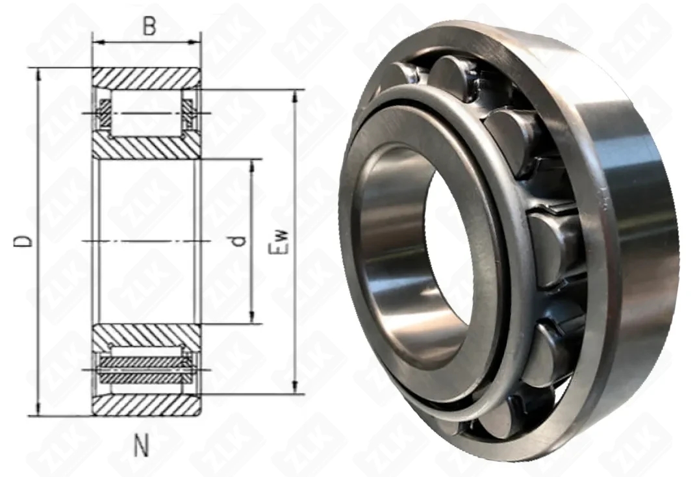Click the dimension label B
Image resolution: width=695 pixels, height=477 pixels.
[x=149, y=27]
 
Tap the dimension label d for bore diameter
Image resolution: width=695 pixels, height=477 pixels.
[x=239, y=241]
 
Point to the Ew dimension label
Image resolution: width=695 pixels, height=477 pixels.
[x=279, y=242]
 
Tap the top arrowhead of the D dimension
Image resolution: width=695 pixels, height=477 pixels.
[x=38, y=74]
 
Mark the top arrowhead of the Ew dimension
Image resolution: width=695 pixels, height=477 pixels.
[x=295, y=96]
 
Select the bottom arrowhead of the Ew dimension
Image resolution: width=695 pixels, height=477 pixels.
[x=295, y=387]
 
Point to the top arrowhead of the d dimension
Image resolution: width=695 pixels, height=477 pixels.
[x=252, y=165]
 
